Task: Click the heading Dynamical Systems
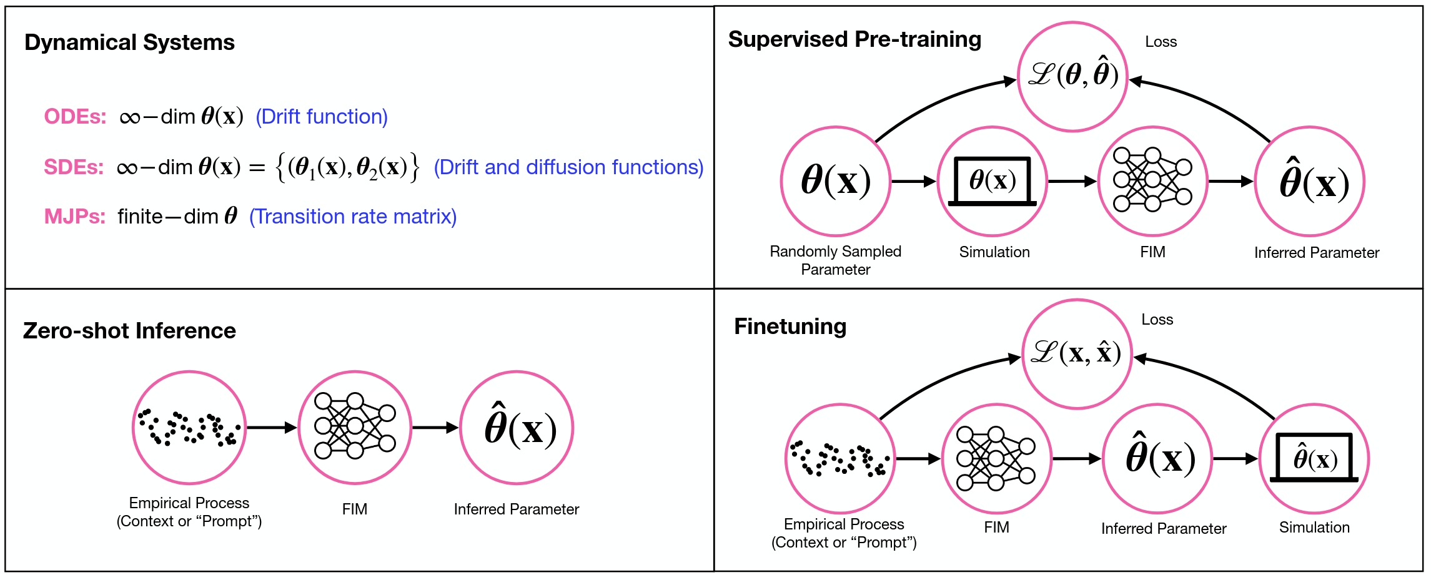click(x=129, y=42)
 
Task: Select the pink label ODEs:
click(x=75, y=117)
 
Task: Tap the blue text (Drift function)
click(x=322, y=117)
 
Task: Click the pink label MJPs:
click(x=75, y=217)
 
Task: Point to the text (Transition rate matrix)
click(x=353, y=217)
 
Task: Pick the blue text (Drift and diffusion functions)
click(x=568, y=167)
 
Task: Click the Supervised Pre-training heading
click(x=854, y=39)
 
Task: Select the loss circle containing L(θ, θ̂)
click(x=1072, y=76)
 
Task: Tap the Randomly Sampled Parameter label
click(x=835, y=260)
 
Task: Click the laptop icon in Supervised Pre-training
click(x=993, y=182)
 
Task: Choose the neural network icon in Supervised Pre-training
click(x=1152, y=180)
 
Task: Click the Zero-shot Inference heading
click(x=129, y=331)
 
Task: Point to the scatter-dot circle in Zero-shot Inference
click(x=189, y=428)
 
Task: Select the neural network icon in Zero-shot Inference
click(x=355, y=427)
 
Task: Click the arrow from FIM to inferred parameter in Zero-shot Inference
click(x=435, y=428)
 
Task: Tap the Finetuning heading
click(x=790, y=327)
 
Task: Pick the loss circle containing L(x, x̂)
click(x=1077, y=354)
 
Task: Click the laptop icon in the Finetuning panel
click(x=1314, y=459)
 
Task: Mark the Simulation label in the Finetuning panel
click(x=1314, y=528)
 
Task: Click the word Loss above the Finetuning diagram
click(x=1157, y=320)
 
